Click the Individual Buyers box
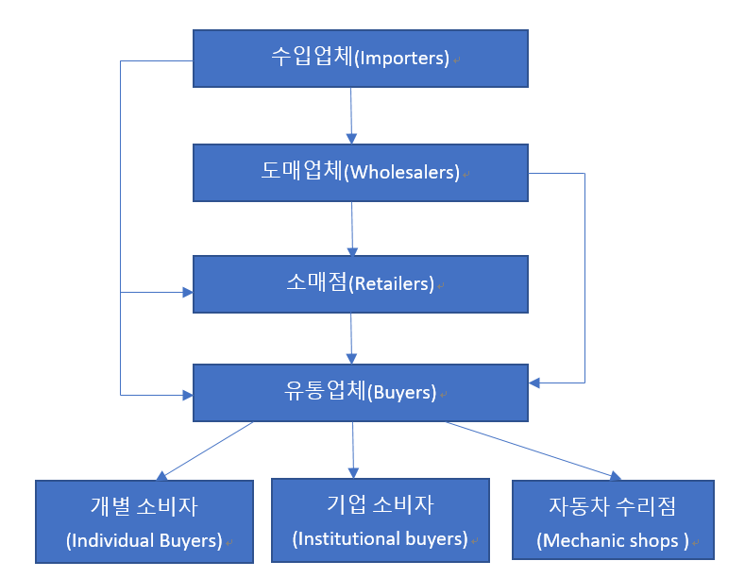(144, 521)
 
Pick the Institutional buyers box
(381, 519)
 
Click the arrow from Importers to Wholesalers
(350, 115)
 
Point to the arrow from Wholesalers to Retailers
(352, 228)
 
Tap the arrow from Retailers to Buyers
(351, 338)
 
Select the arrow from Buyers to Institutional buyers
(354, 449)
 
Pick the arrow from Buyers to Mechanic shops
(533, 451)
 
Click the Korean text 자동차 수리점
(613, 506)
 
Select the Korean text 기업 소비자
(381, 505)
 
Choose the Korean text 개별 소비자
(144, 506)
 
